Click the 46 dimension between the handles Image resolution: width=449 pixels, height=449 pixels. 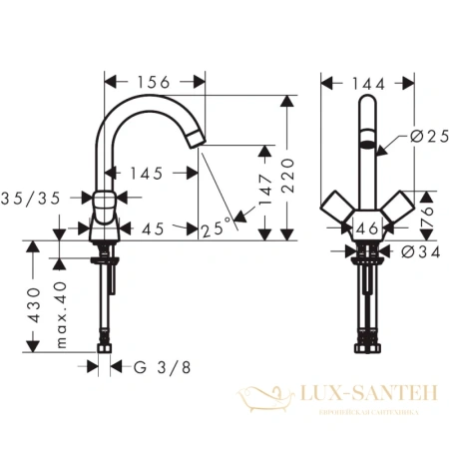(x=367, y=228)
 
